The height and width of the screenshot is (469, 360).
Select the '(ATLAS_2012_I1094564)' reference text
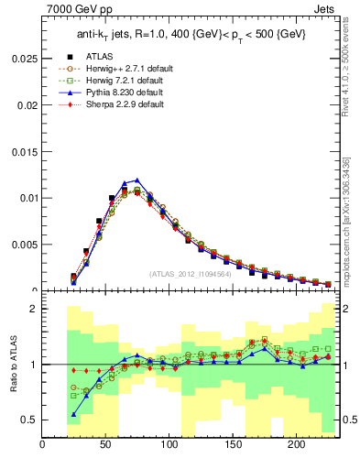click(189, 273)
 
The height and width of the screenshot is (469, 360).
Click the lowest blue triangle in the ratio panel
click(73, 414)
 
